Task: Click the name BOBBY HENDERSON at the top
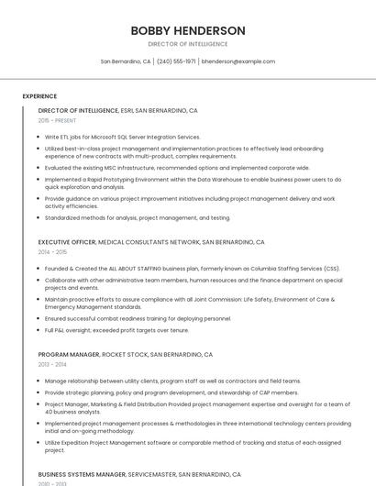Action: (x=188, y=30)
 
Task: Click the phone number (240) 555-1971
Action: (x=176, y=61)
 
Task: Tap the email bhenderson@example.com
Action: (x=238, y=61)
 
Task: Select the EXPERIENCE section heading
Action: (x=39, y=95)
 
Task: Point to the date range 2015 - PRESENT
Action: (x=57, y=120)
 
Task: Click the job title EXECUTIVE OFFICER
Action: (x=67, y=242)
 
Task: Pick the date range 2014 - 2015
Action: (x=52, y=252)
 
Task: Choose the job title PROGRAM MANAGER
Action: (x=69, y=354)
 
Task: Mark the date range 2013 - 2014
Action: (x=52, y=364)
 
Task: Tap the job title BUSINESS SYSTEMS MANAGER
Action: (x=82, y=475)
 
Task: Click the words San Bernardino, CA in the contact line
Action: (x=126, y=61)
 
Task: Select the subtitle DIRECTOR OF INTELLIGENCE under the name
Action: (x=188, y=43)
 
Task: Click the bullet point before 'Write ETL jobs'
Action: (x=40, y=137)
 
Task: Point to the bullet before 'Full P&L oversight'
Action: (x=40, y=330)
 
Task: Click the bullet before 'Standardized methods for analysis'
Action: (x=40, y=218)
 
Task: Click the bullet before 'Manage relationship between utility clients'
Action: (x=40, y=381)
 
